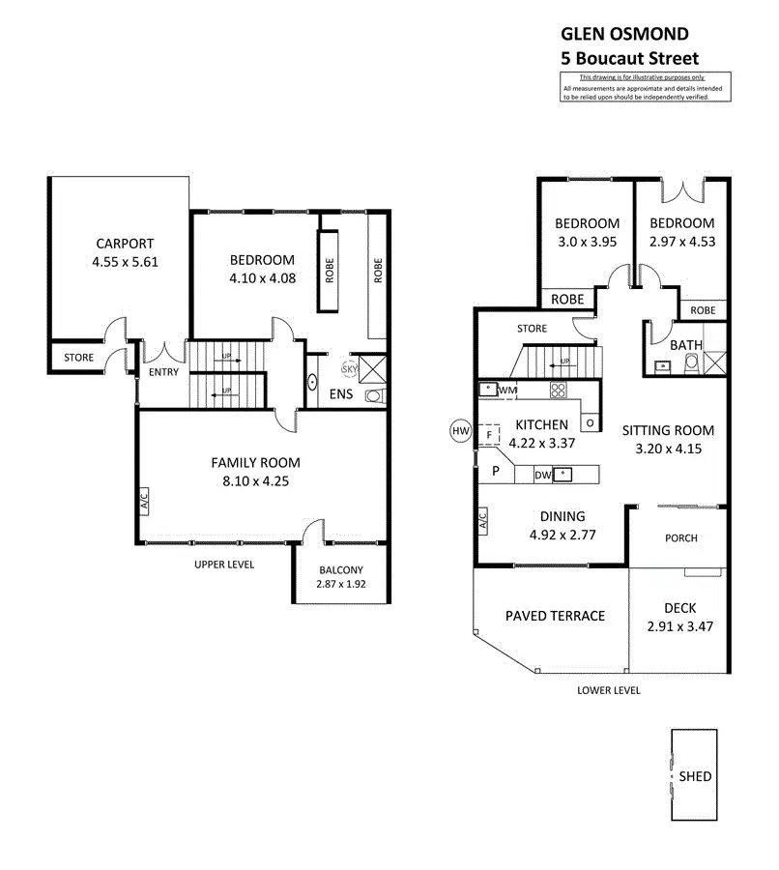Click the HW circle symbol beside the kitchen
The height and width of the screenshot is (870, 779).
(460, 431)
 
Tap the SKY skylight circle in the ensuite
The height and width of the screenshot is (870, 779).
(350, 369)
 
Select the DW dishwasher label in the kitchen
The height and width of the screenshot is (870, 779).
(542, 475)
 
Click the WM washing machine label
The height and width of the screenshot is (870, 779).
(507, 391)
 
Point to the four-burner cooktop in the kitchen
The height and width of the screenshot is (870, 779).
(559, 391)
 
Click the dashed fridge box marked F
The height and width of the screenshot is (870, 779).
(489, 434)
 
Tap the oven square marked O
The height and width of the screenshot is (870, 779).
(590, 422)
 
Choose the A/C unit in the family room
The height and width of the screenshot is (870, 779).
(144, 502)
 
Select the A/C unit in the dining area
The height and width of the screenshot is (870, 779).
(482, 520)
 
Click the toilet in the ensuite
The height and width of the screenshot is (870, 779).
(375, 396)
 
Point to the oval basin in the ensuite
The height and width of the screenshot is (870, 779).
(312, 382)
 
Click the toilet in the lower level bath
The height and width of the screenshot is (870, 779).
(691, 364)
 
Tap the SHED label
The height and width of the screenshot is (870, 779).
(695, 776)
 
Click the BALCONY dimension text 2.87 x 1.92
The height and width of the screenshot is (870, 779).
(340, 584)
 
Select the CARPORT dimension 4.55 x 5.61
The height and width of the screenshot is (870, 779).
(125, 262)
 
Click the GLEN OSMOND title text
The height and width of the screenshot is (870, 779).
(624, 34)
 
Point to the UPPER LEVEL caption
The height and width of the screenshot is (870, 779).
(224, 565)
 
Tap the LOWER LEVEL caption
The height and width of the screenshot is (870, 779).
(609, 690)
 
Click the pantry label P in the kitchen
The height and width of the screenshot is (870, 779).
(496, 471)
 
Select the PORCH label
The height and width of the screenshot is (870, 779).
(680, 538)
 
